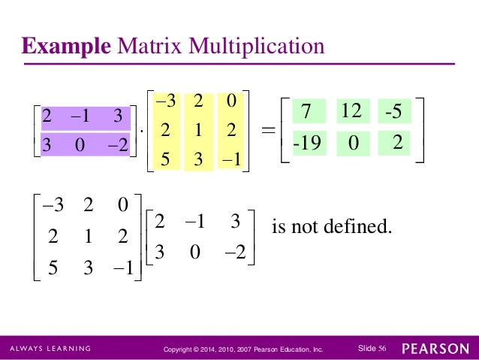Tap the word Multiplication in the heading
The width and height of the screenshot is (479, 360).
(257, 47)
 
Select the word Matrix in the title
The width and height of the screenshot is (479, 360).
(150, 47)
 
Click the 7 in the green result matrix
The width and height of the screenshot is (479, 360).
(306, 112)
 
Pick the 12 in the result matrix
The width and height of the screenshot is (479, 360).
(351, 112)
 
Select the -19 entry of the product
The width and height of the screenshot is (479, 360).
(306, 142)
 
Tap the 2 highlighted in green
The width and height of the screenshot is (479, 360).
(398, 141)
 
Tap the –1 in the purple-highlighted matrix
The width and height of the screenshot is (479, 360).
(81, 117)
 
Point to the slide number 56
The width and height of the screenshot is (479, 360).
(382, 348)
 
